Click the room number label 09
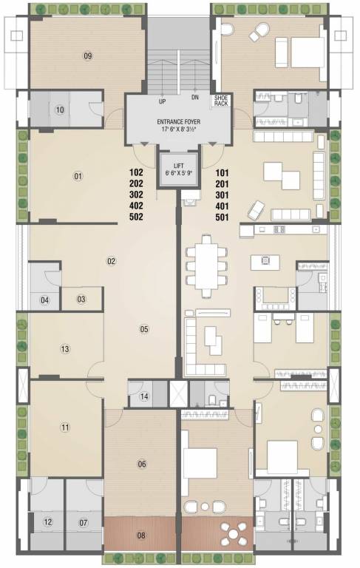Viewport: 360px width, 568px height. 87,56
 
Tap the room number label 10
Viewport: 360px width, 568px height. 60,111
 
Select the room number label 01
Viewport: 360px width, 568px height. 77,176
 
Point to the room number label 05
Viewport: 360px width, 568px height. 144,329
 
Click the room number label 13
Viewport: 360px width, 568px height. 65,349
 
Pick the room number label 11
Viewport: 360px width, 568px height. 65,427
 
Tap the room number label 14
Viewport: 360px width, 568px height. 144,397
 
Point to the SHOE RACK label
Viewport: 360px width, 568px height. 222,101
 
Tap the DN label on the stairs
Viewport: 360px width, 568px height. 194,98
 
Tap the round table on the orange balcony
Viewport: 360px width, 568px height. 235,532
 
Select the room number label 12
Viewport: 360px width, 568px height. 48,522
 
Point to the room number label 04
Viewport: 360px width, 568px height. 45,300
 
